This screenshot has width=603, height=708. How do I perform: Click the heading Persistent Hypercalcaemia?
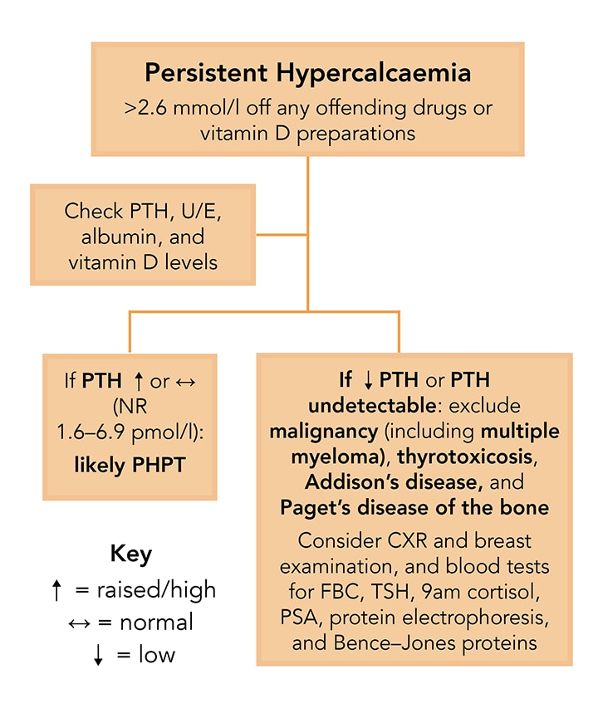(307, 72)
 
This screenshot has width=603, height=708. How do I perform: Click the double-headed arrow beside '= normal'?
(67, 623)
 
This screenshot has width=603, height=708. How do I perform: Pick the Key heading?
(130, 554)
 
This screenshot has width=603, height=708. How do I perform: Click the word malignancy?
(320, 432)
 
